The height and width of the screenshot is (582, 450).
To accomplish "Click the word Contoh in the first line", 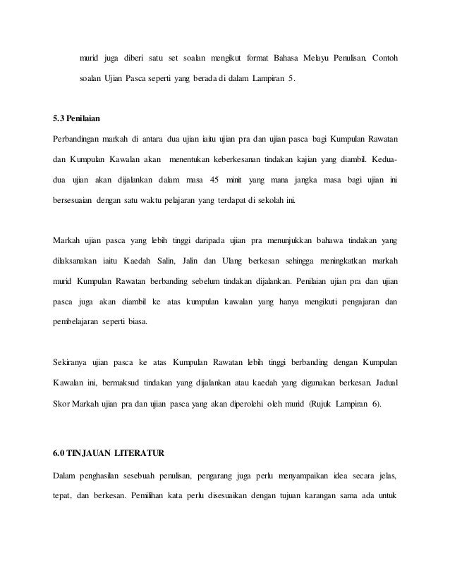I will (383, 56).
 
